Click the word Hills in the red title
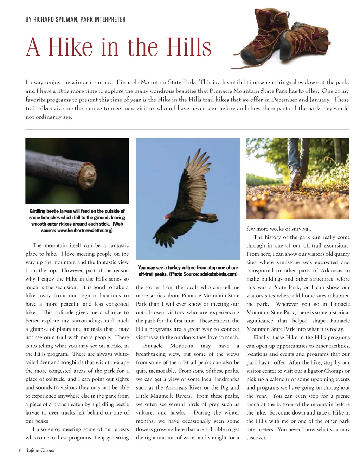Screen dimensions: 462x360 tap(189, 47)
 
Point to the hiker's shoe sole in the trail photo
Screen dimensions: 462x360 tap(296, 181)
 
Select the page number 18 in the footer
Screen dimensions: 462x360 tap(19, 450)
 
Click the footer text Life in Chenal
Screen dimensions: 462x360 tap(41, 450)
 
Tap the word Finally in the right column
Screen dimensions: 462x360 tap(262, 338)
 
